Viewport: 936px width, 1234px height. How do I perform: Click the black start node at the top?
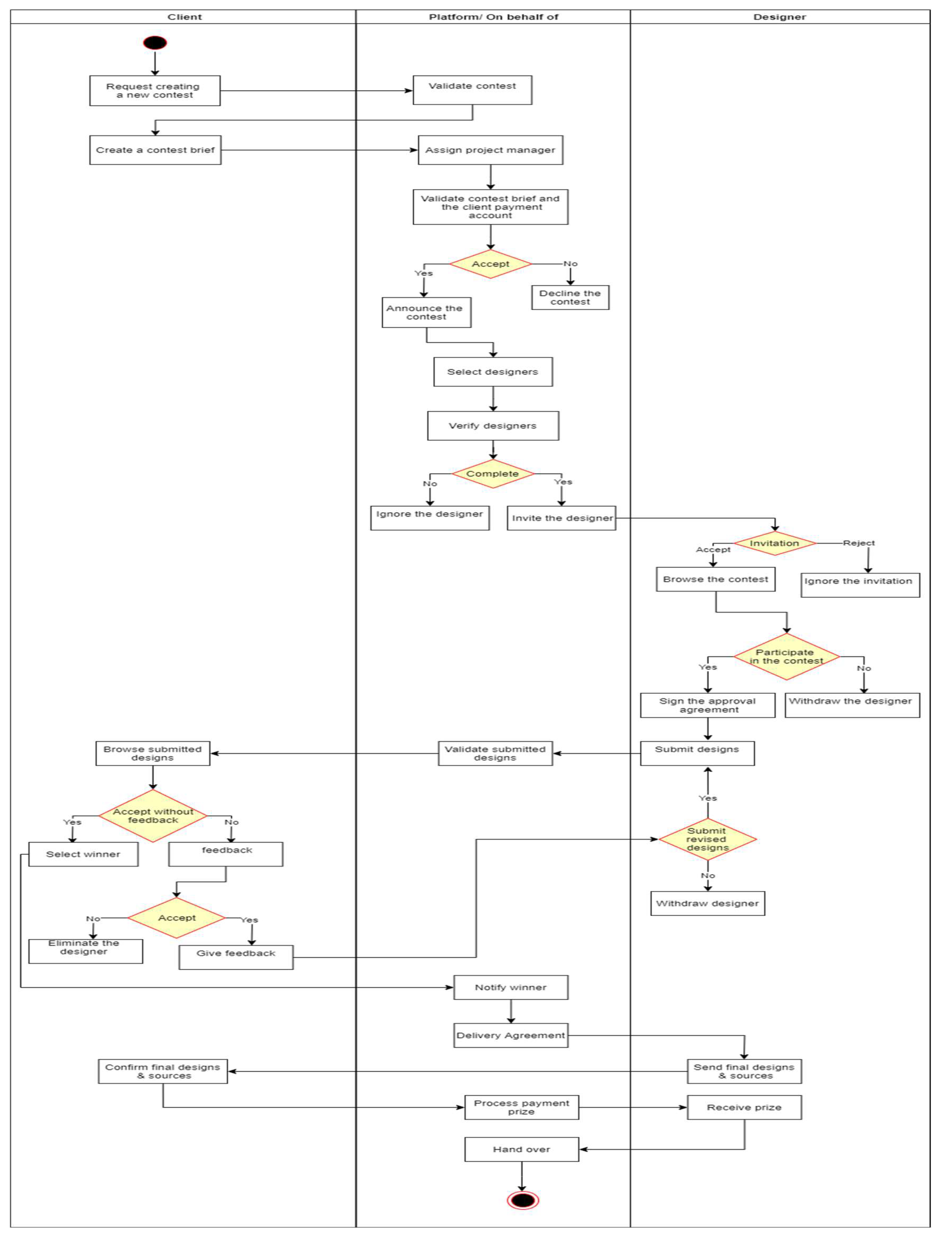click(155, 42)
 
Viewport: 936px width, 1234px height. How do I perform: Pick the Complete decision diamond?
click(493, 474)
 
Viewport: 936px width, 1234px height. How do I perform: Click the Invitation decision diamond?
click(774, 543)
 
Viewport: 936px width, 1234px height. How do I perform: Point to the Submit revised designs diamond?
click(707, 839)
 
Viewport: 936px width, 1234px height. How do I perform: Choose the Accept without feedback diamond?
click(153, 815)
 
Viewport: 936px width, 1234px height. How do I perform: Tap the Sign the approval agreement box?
click(707, 705)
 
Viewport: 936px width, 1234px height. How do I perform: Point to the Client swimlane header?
click(185, 17)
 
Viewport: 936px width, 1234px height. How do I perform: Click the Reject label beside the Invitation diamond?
click(858, 543)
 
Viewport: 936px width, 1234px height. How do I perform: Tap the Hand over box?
click(522, 1149)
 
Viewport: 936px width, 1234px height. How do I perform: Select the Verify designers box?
click(493, 426)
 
